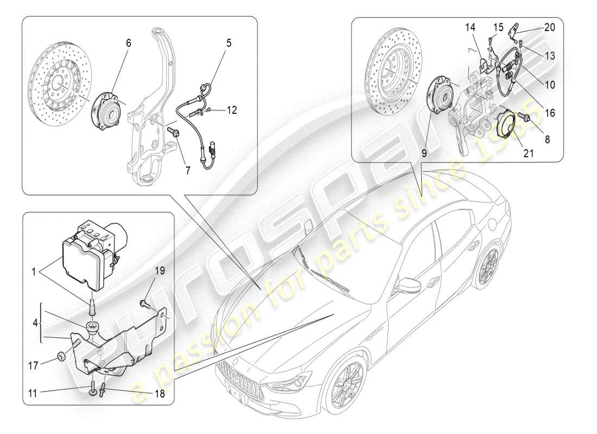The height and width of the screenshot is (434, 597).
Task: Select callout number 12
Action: click(x=232, y=110)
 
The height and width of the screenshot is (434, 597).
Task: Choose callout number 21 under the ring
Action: click(x=529, y=154)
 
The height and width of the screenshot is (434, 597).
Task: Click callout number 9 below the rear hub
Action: click(x=424, y=154)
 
